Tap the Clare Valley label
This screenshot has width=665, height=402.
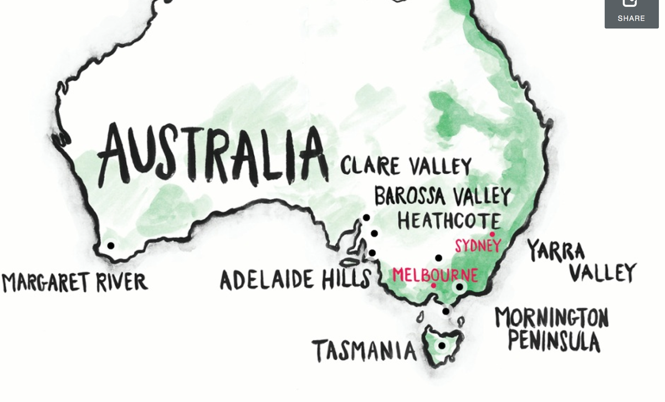(406, 166)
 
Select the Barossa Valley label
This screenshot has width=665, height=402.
(442, 196)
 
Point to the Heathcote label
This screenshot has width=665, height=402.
(449, 220)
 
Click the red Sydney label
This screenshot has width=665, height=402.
(478, 245)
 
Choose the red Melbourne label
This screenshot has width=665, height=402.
(435, 275)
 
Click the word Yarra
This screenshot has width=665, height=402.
(555, 251)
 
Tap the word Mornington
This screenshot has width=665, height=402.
(551, 318)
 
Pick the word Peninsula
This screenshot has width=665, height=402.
(554, 341)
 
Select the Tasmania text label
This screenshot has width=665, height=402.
(364, 351)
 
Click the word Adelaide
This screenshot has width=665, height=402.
(267, 280)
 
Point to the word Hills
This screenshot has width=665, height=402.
(347, 279)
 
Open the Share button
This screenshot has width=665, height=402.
(631, 12)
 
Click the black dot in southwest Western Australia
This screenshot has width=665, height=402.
(111, 245)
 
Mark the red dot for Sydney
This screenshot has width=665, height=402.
(492, 234)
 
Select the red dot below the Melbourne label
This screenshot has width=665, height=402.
(433, 286)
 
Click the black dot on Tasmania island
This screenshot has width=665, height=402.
(442, 346)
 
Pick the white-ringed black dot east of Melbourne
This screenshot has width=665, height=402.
(459, 287)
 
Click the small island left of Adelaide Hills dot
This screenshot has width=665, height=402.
(350, 261)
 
